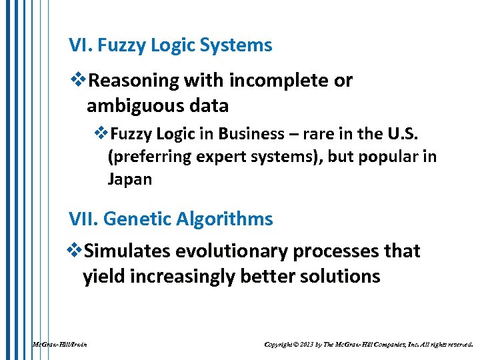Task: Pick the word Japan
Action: coord(129,179)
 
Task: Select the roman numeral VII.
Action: coord(83,219)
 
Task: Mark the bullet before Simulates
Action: coord(77,251)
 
